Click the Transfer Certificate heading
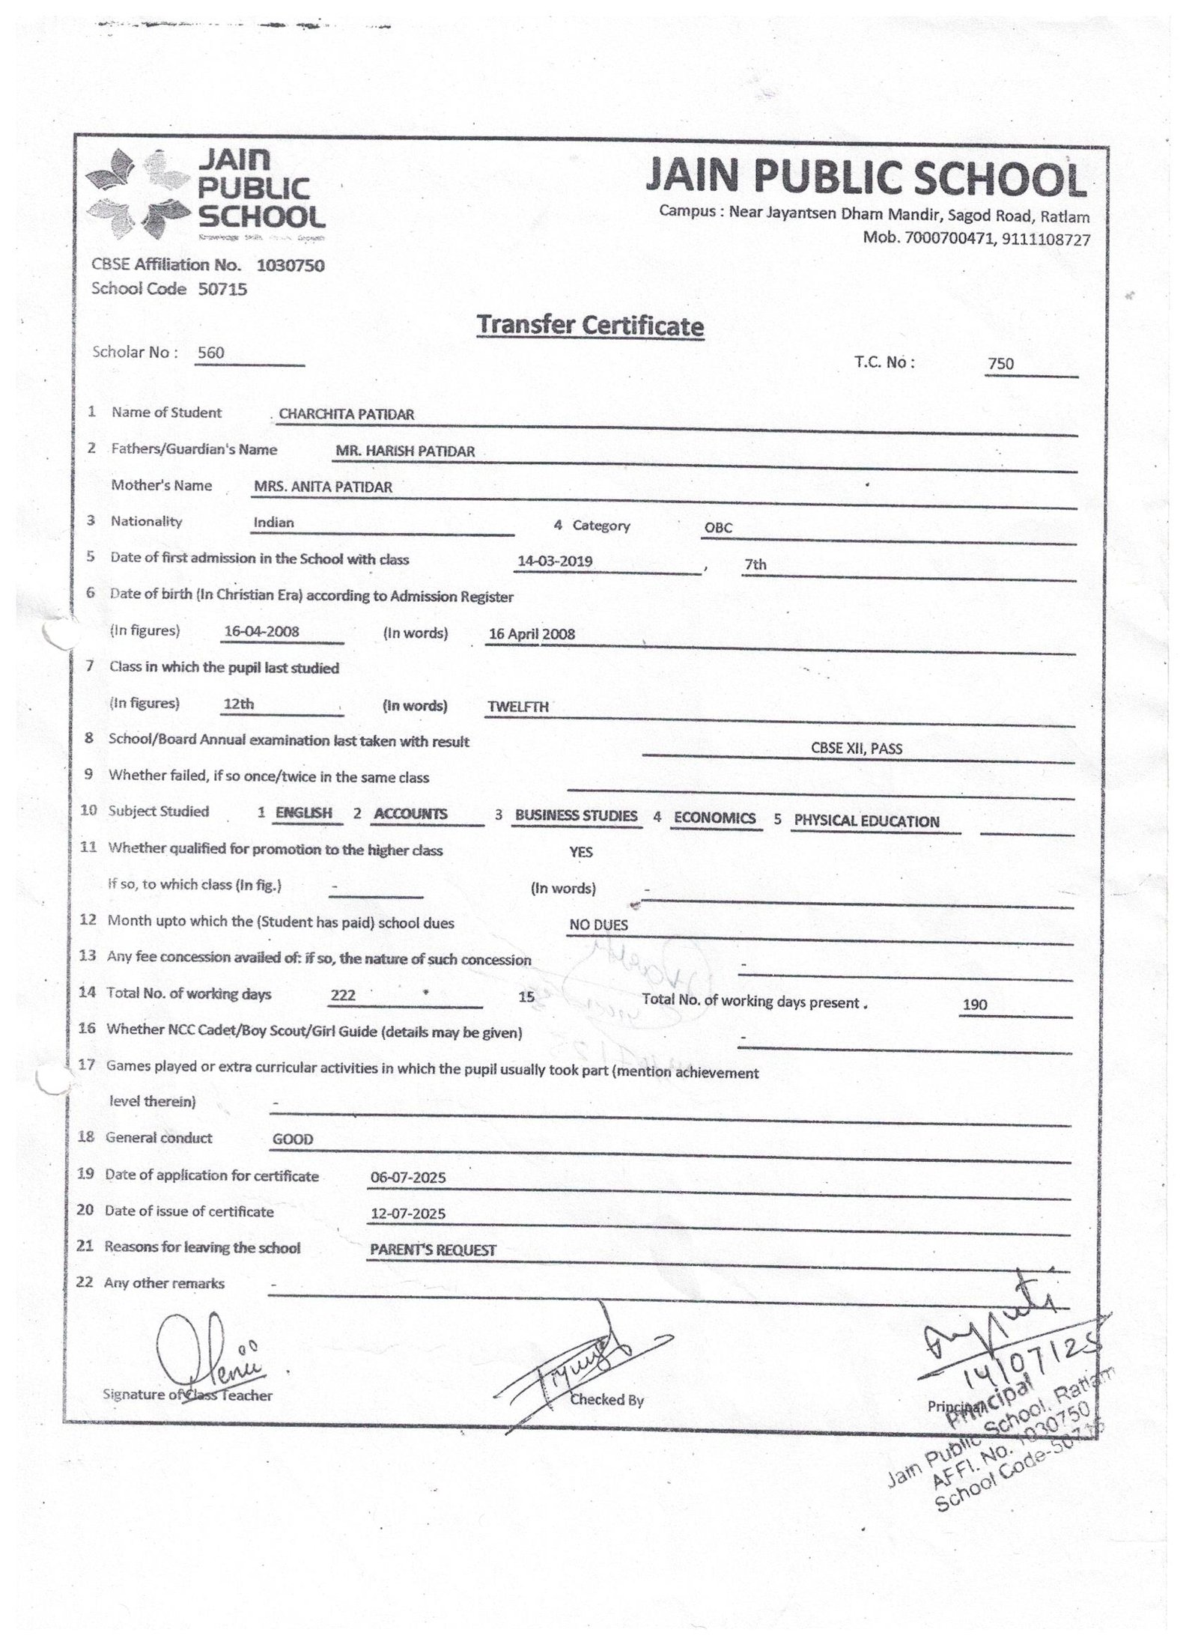click(x=590, y=326)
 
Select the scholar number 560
click(x=210, y=353)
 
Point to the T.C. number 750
click(x=1000, y=364)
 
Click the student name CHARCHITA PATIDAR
click(x=346, y=414)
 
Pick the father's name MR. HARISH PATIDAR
click(x=405, y=451)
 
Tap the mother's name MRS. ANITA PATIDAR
click(x=323, y=487)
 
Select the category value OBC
click(x=717, y=528)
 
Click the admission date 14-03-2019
click(x=556, y=561)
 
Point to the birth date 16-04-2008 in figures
click(x=261, y=631)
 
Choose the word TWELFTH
click(x=518, y=706)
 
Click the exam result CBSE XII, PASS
click(x=857, y=748)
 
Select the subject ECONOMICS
click(x=714, y=818)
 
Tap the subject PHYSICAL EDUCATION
click(x=866, y=821)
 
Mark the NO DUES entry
click(x=598, y=925)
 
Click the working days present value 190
click(x=975, y=1005)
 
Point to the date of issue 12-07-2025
click(x=408, y=1214)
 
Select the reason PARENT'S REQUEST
click(x=433, y=1250)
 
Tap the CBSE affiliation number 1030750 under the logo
click(x=291, y=265)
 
